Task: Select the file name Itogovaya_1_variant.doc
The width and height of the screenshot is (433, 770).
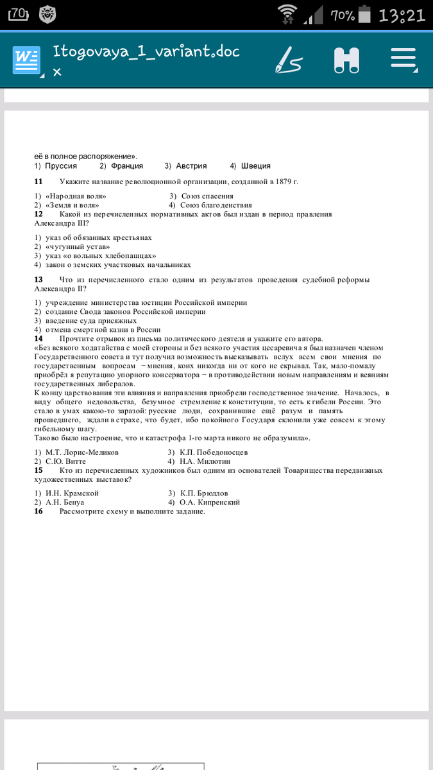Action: (146, 51)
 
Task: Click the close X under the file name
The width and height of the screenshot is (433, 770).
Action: (57, 73)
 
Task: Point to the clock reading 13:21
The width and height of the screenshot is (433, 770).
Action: (402, 15)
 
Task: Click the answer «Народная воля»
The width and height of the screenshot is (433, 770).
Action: (76, 196)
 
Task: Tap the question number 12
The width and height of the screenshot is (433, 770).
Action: (38, 214)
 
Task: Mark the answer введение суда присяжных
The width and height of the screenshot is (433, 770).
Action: (90, 320)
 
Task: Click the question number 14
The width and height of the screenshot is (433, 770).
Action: (38, 338)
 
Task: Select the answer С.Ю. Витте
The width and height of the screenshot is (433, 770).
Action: (69, 461)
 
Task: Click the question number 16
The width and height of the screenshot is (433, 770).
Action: (38, 511)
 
